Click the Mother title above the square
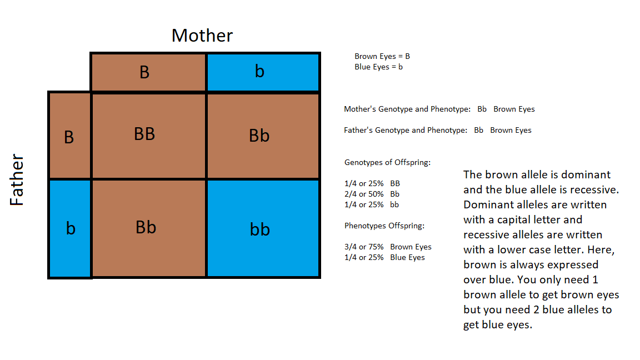click(x=202, y=36)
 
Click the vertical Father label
click(x=17, y=179)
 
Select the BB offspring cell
click(x=148, y=136)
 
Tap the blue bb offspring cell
click(x=263, y=228)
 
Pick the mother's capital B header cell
click(x=148, y=72)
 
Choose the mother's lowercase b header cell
click(x=263, y=72)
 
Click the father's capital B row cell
click(x=70, y=136)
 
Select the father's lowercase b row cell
click(x=70, y=228)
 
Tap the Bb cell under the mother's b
click(x=263, y=136)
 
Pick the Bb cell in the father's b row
click(x=148, y=228)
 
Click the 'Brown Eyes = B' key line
click(x=382, y=56)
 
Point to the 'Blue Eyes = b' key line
click(x=378, y=67)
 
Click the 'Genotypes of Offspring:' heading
click(x=387, y=162)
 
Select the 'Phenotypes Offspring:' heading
click(x=384, y=226)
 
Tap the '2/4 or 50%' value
click(x=364, y=194)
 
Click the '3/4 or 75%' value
click(x=364, y=247)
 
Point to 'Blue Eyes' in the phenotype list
click(x=407, y=258)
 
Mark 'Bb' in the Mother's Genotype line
click(x=482, y=109)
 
